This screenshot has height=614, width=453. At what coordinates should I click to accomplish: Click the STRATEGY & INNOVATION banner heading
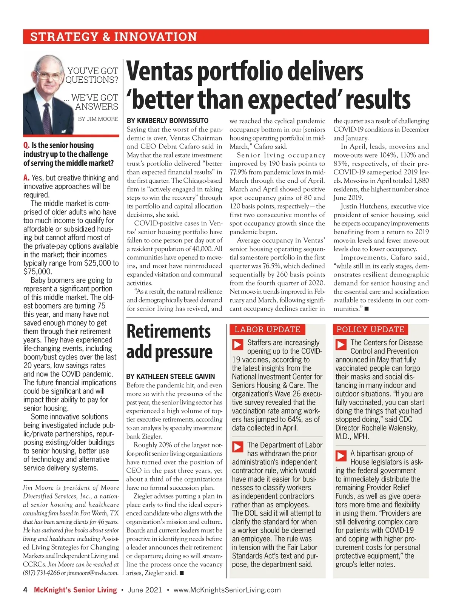click(x=113, y=37)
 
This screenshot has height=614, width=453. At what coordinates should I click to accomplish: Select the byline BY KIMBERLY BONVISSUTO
click(x=168, y=121)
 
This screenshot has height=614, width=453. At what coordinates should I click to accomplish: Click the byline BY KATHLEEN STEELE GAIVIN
click(x=171, y=376)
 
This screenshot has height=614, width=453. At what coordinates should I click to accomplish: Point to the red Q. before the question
click(x=26, y=145)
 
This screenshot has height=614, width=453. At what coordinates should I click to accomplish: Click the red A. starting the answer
click(x=26, y=178)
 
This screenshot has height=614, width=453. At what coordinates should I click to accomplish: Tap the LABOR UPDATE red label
click(x=267, y=329)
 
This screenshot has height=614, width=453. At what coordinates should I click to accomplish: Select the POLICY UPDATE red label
click(x=370, y=329)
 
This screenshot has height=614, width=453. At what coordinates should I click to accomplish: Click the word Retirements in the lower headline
click(x=169, y=332)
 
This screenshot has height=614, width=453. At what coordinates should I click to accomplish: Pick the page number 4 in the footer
click(x=25, y=590)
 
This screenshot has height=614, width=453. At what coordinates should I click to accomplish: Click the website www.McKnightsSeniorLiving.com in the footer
click(x=227, y=590)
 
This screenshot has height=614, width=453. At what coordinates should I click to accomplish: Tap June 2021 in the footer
click(x=145, y=590)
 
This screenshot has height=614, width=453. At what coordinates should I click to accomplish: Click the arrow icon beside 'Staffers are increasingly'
click(x=237, y=344)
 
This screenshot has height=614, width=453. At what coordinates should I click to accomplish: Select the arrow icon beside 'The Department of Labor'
click(x=237, y=447)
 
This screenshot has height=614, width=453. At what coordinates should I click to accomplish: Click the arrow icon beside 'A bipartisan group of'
click(x=341, y=455)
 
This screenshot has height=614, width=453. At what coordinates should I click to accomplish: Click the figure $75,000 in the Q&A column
click(x=38, y=272)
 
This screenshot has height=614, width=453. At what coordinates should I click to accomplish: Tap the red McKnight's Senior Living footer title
click(x=75, y=590)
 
